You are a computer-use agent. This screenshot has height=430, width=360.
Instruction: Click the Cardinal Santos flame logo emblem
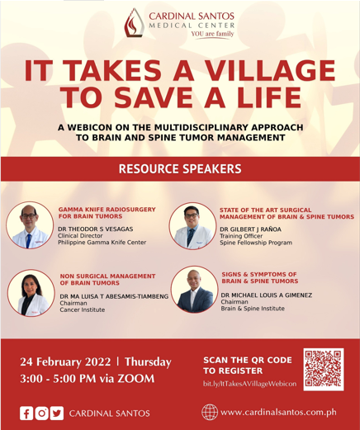click(134, 23)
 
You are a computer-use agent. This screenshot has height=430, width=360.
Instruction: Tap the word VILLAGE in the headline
click(271, 70)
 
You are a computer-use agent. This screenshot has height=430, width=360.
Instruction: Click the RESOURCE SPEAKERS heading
click(180, 168)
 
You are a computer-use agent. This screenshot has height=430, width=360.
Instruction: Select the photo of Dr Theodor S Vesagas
click(30, 225)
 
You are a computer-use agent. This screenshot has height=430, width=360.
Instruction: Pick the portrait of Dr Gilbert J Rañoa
click(192, 226)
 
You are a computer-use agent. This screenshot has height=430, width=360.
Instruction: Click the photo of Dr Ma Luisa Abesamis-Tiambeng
click(31, 293)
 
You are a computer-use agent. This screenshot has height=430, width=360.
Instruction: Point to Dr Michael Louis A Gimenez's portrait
click(195, 289)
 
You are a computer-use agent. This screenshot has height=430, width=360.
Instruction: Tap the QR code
click(324, 369)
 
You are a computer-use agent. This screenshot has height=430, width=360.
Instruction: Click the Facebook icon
click(26, 413)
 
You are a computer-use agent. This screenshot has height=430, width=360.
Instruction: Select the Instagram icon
click(41, 413)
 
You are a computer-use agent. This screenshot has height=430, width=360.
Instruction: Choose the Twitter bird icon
click(57, 413)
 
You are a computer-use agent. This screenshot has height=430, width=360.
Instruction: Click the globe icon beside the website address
click(210, 412)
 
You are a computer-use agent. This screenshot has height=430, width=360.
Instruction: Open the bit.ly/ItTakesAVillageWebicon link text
click(249, 384)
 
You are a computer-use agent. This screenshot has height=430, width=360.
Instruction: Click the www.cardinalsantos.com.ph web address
click(278, 413)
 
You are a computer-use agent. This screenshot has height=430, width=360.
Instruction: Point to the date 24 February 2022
click(65, 361)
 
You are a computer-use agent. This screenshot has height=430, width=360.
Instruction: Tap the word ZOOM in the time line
click(136, 379)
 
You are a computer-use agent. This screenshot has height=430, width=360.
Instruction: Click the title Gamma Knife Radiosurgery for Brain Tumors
click(107, 213)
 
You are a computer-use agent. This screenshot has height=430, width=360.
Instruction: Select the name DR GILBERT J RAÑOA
click(250, 229)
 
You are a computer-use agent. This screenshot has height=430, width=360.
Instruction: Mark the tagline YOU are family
click(212, 34)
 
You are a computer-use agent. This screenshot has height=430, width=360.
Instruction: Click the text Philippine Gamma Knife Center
click(102, 243)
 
